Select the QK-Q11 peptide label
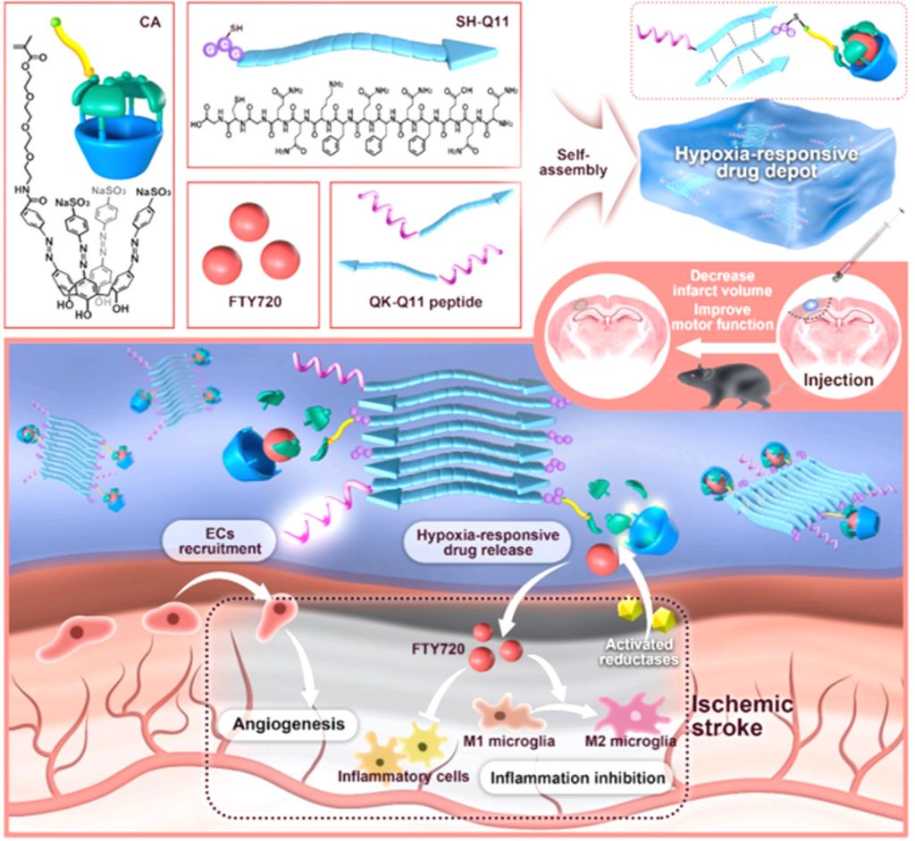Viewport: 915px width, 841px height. (426, 304)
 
